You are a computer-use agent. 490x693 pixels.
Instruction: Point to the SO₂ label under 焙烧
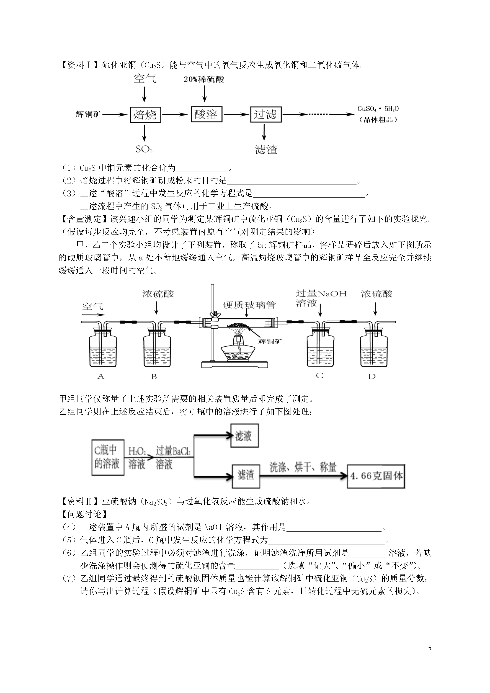pyautogui.click(x=144, y=149)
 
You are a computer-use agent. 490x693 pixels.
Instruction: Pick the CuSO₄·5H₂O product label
pyautogui.click(x=378, y=114)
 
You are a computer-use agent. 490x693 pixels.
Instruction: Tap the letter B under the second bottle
pyautogui.click(x=154, y=376)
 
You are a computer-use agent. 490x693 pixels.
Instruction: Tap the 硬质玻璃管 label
pyautogui.click(x=249, y=305)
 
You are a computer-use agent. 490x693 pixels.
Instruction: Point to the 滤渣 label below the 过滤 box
pyautogui.click(x=266, y=149)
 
